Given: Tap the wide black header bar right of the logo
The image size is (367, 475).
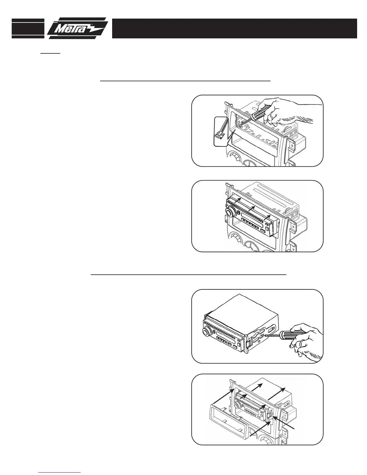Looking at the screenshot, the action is click(234, 28).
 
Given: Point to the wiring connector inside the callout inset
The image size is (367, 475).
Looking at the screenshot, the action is click(221, 136).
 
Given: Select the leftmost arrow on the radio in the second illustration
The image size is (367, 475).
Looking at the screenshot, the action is click(237, 200).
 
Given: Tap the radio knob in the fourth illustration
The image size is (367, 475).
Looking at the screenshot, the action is click(238, 406).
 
